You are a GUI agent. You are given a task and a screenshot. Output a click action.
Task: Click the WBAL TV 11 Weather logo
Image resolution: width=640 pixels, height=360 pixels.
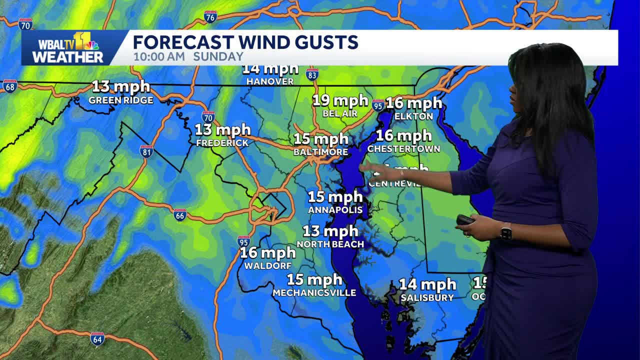tap(67, 48)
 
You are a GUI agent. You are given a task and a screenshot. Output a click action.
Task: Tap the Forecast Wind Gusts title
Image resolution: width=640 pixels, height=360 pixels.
tap(245, 42)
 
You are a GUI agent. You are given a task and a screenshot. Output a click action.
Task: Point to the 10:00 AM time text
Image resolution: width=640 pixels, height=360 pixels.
tap(159, 56)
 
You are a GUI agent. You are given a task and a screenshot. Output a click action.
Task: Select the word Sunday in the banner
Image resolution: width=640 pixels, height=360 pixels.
tap(218, 56)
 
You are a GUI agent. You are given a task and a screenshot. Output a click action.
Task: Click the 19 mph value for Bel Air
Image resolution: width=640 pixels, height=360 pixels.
tap(340, 101)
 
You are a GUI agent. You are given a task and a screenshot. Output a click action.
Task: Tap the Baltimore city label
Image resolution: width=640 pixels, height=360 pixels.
tap(320, 151)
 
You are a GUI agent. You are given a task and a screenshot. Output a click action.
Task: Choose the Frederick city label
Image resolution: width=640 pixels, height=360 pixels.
tap(222, 143)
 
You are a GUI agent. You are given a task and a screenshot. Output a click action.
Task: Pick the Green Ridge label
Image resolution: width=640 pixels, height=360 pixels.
tap(121, 100)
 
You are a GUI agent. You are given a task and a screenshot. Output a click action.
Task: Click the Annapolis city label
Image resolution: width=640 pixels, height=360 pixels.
tap(335, 210)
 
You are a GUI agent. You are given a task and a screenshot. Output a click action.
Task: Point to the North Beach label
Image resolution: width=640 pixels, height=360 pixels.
tap(330, 244)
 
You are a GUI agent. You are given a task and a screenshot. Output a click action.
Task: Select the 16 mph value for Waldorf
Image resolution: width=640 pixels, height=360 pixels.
tap(268, 253)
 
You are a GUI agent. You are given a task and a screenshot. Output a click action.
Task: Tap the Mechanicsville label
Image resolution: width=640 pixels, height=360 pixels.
tap(314, 293)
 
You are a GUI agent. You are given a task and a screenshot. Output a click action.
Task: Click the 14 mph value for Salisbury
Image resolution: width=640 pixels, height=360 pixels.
tap(427, 285)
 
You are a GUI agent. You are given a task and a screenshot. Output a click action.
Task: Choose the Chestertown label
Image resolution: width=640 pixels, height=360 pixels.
tap(403, 149)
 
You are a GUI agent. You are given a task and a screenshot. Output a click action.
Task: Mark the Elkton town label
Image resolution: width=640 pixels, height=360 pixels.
tap(413, 116)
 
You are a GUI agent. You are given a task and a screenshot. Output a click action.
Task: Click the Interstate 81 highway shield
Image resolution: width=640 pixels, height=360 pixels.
tap(146, 151)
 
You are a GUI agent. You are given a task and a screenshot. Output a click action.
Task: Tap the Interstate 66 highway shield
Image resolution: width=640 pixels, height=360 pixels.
tap(180, 215)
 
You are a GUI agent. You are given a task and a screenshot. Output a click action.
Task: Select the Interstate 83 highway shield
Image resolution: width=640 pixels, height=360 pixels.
tap(312, 74)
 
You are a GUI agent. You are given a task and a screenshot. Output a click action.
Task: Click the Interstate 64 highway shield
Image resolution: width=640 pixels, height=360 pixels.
tap(97, 338)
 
